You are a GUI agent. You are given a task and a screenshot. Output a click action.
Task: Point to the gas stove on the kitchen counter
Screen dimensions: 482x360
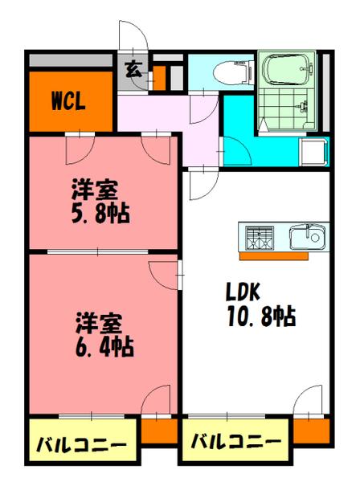pyautogui.click(x=259, y=237)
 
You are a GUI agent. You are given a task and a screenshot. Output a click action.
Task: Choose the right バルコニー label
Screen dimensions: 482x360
pyautogui.click(x=236, y=443)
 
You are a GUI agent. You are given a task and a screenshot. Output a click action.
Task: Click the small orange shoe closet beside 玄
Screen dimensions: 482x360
pyautogui.click(x=158, y=77)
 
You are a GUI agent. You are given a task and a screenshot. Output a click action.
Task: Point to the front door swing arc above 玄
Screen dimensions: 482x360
pyautogui.click(x=133, y=38)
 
